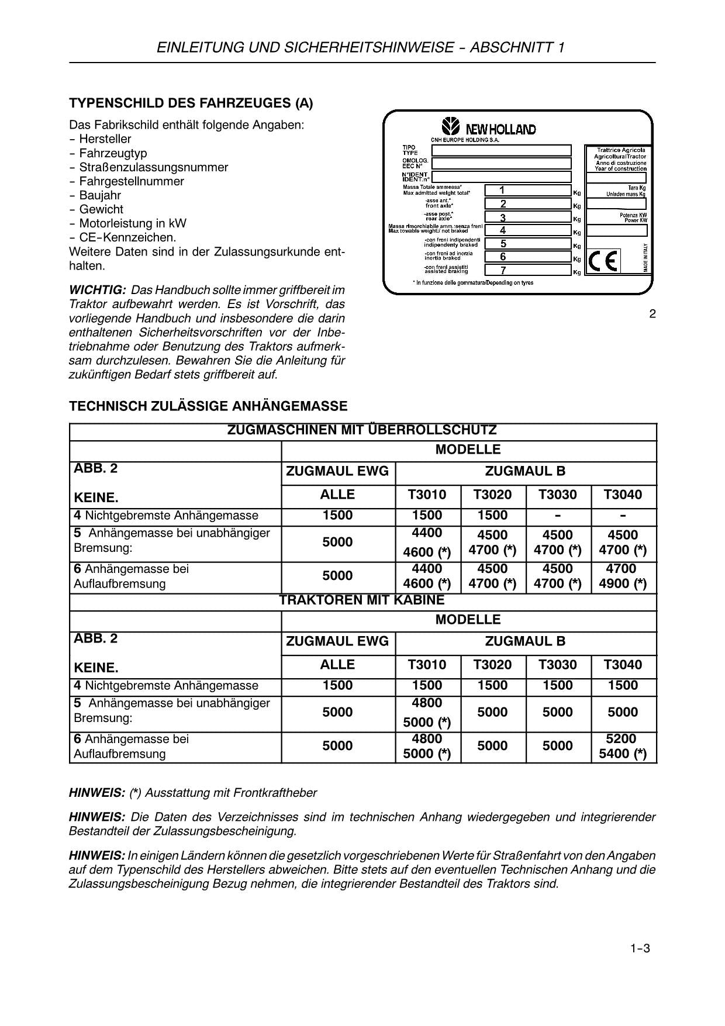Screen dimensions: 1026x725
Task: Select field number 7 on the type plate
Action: (527, 270)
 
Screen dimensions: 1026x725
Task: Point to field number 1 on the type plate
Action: (527, 190)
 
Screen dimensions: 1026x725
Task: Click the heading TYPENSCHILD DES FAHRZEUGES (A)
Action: (191, 103)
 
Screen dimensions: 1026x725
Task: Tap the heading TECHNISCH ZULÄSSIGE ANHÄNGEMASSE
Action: (208, 406)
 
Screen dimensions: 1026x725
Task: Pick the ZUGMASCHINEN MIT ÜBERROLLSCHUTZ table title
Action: (362, 431)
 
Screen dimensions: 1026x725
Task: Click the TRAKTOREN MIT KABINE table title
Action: (362, 600)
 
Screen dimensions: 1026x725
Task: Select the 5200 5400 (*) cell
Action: (623, 746)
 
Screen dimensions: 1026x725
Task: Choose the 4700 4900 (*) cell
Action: (623, 576)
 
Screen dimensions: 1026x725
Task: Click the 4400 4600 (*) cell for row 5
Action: (427, 542)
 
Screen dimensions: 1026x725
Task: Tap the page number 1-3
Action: (640, 949)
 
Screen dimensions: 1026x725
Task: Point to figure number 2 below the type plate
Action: (652, 314)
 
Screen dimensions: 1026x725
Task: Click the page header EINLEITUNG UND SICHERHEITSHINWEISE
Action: (361, 47)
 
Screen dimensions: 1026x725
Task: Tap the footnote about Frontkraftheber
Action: (193, 793)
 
